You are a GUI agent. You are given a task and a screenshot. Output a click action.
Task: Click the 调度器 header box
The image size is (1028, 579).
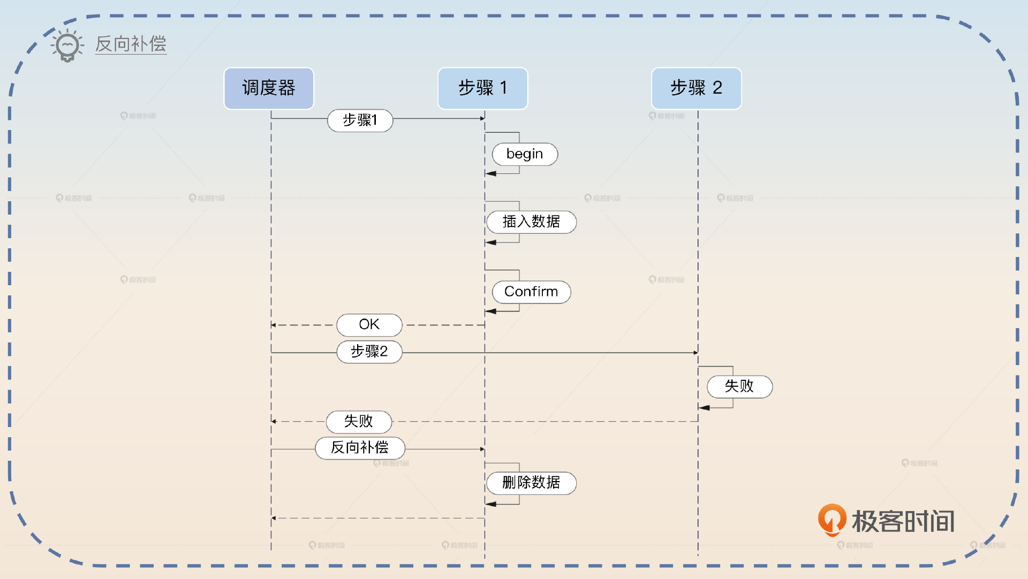[x=268, y=88]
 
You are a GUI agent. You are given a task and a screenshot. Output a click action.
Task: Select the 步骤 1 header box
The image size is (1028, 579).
[x=482, y=88]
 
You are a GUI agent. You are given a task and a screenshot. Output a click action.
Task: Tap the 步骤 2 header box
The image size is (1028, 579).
[x=696, y=88]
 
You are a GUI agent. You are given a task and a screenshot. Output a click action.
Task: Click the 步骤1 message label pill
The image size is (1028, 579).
[x=360, y=120]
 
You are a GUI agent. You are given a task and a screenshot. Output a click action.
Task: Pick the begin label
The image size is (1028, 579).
[x=525, y=154]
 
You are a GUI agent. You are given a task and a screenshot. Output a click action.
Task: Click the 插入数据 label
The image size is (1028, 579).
[x=531, y=222]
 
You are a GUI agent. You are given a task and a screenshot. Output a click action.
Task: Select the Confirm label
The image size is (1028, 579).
[x=531, y=292]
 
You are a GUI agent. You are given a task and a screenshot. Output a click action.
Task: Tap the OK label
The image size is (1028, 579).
[x=369, y=325]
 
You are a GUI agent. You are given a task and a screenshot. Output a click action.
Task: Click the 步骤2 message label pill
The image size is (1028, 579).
[x=369, y=352]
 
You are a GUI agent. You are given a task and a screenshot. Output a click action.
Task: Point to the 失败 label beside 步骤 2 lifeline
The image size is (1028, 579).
[x=739, y=386]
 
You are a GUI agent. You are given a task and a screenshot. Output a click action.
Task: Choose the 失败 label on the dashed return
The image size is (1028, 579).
[x=359, y=422]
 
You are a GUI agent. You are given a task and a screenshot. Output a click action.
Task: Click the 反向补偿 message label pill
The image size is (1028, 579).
[x=360, y=448]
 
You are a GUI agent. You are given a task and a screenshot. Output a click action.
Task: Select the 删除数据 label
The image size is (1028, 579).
[x=531, y=483]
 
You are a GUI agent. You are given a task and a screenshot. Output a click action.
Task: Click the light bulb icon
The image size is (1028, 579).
[x=67, y=46]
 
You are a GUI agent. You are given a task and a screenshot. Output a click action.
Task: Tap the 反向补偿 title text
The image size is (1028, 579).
[x=131, y=44]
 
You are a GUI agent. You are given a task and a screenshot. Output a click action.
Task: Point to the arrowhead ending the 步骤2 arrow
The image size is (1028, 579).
[x=696, y=353]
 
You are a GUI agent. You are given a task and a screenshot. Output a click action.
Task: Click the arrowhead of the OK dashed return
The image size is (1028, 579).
[x=274, y=325]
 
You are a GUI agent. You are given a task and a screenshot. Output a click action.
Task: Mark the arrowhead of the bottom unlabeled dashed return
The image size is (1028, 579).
[x=274, y=518]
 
